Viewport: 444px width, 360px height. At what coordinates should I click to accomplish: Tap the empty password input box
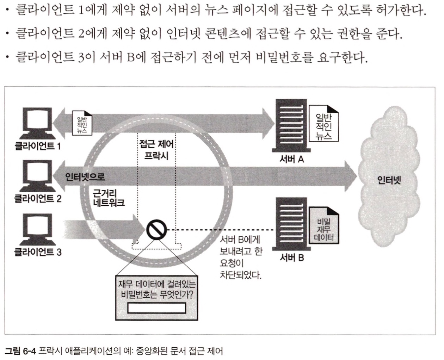point(156,308)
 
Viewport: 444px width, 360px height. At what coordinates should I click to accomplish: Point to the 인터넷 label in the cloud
point(389,181)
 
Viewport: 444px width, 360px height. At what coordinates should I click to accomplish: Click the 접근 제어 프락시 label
point(156,149)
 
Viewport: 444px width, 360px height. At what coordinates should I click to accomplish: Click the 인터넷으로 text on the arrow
point(85,176)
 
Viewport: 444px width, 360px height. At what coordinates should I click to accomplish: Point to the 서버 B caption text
point(292,258)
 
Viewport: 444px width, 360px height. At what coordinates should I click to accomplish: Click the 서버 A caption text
point(292,159)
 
